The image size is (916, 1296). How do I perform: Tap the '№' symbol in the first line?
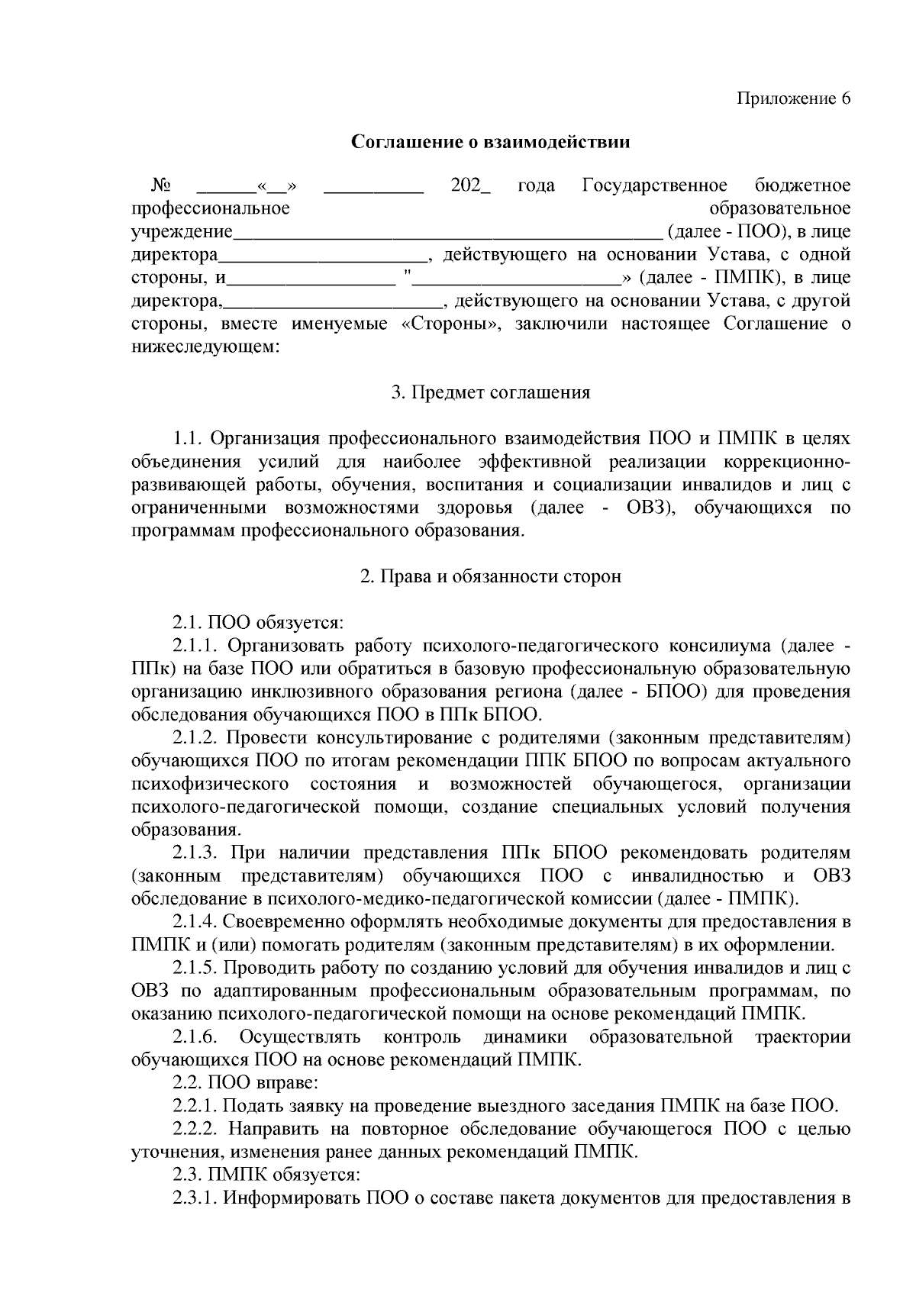click(x=160, y=186)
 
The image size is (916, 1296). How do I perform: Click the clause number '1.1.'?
click(x=187, y=439)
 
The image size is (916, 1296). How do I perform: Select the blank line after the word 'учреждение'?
click(x=448, y=233)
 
